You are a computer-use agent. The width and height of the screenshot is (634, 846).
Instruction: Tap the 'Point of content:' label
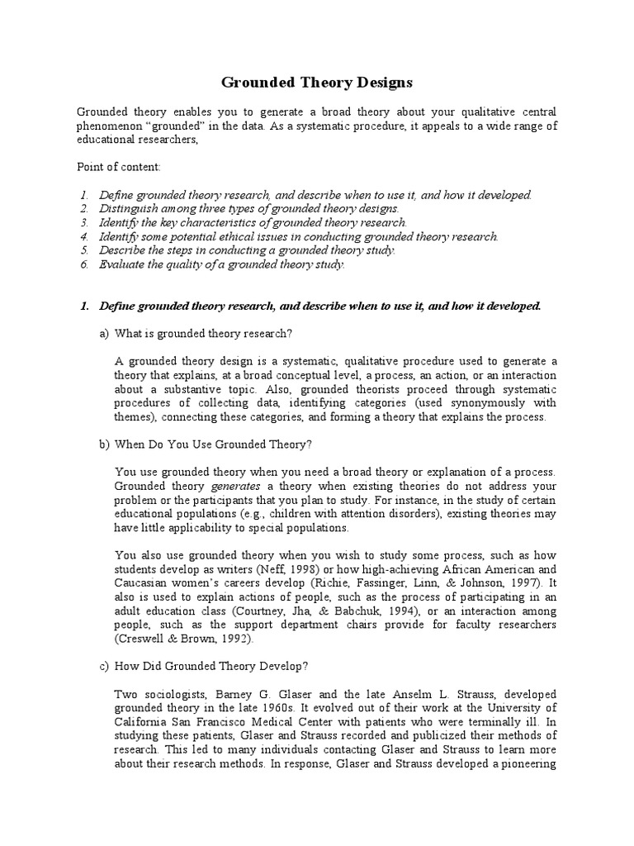pos(120,167)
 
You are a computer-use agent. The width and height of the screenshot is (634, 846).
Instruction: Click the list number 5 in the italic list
pos(83,250)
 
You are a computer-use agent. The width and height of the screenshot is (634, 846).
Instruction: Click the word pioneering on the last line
pos(528,764)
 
